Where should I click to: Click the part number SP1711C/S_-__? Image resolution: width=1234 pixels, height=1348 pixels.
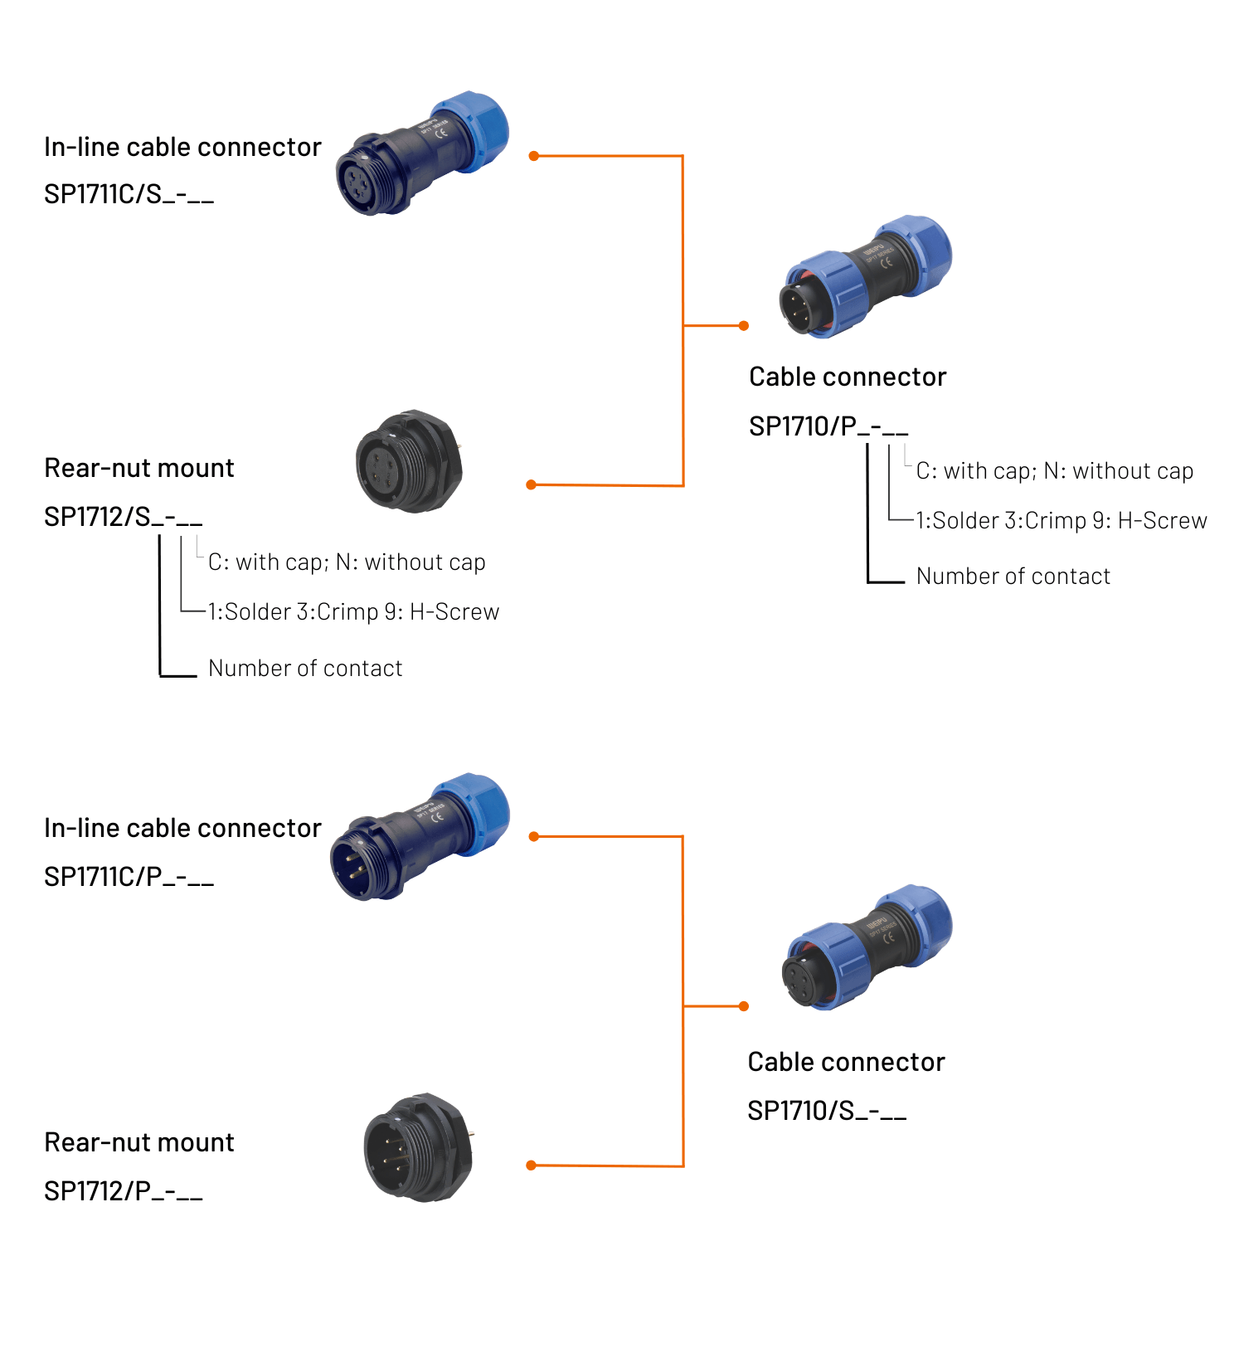tap(129, 194)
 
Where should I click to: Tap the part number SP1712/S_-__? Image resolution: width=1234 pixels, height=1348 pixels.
tap(123, 517)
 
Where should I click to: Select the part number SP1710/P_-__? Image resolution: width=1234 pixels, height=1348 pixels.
tap(828, 426)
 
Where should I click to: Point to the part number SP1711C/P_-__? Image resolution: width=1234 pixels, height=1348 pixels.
tap(129, 876)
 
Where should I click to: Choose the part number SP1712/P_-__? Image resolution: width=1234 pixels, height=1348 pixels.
tap(123, 1191)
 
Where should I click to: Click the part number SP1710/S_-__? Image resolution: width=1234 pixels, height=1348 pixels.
tap(826, 1110)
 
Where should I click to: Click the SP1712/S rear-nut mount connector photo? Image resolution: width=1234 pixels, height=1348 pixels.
tap(409, 461)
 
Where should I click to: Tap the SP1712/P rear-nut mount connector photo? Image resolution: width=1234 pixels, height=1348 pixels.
tap(418, 1147)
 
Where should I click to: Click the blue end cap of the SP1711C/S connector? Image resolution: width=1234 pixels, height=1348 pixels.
tap(472, 130)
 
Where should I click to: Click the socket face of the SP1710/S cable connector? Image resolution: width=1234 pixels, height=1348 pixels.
tap(804, 981)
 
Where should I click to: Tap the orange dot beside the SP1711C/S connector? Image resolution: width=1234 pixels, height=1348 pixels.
tap(534, 156)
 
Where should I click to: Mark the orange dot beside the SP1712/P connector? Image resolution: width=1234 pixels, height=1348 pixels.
tap(532, 1166)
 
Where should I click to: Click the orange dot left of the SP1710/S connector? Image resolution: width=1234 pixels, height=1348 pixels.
tap(744, 1006)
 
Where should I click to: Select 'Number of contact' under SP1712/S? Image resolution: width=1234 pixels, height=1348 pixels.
tap(305, 669)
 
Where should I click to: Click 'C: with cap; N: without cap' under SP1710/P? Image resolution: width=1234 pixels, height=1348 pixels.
tap(1054, 471)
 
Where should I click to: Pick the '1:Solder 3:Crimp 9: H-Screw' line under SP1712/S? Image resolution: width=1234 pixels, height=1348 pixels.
tap(353, 612)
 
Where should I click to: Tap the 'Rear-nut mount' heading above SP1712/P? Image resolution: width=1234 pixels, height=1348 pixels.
tap(139, 1142)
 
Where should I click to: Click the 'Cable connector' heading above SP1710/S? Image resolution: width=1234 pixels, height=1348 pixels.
tap(846, 1062)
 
